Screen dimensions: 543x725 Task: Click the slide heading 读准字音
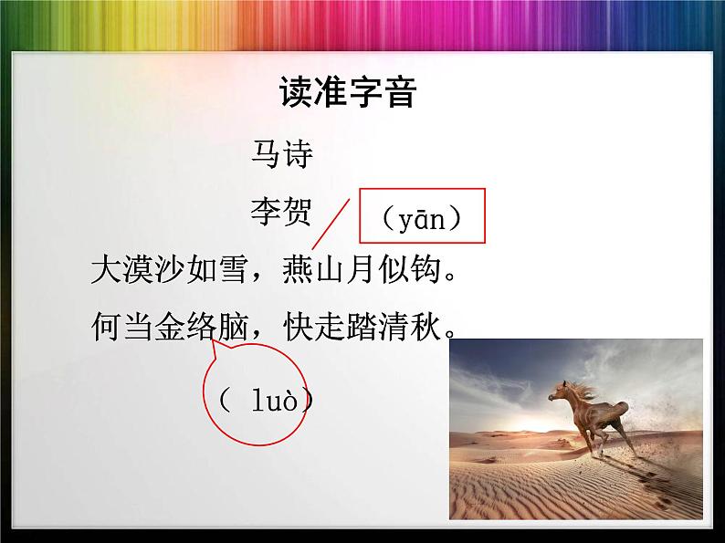coord(348,93)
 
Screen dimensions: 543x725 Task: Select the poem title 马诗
coord(282,155)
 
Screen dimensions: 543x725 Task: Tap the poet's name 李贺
coord(282,213)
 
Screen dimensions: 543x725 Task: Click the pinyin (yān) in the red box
coord(421,219)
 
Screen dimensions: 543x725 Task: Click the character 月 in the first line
coord(362,271)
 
